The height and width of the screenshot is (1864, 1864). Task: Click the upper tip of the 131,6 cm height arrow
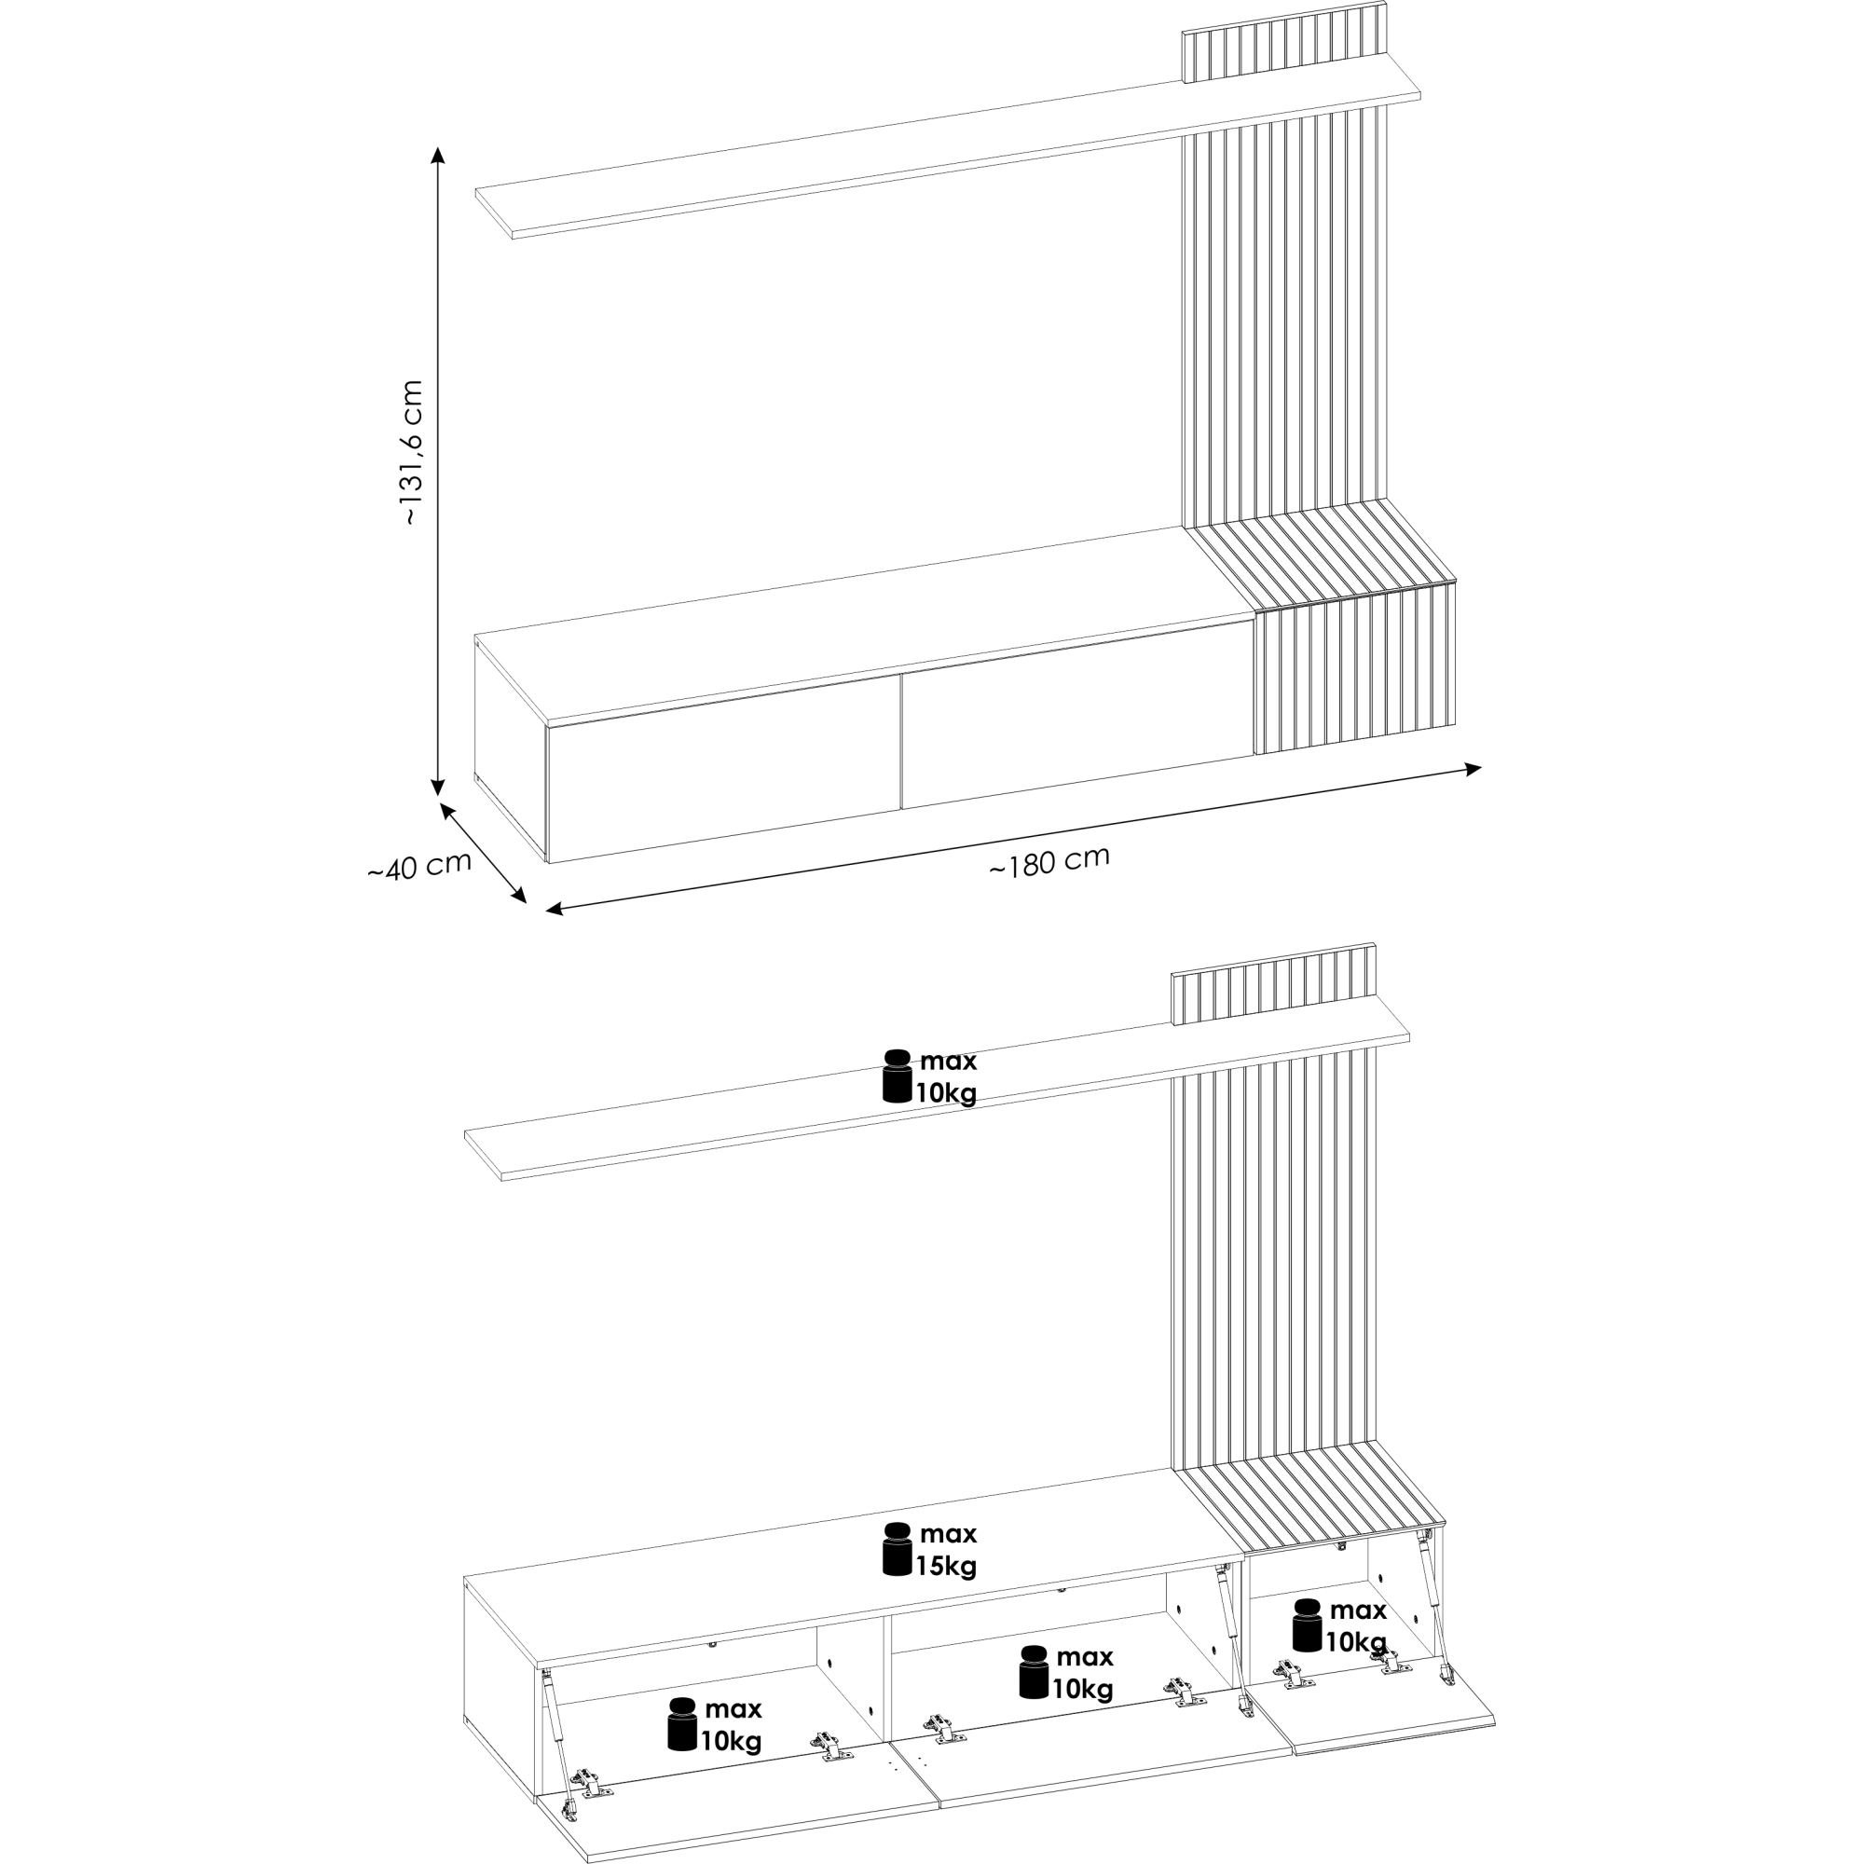[438, 148]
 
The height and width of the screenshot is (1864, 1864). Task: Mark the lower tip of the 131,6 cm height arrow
[438, 796]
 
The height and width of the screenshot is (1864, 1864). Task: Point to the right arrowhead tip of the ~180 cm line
[1481, 767]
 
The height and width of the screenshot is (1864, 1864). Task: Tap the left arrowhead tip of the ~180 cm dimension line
[547, 910]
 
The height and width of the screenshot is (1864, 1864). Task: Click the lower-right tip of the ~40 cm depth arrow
[527, 903]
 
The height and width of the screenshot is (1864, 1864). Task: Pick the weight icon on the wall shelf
[898, 1076]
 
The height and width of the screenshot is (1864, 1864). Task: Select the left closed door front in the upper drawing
[723, 768]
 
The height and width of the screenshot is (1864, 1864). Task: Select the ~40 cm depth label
[419, 866]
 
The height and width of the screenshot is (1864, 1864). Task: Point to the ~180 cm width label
[1049, 861]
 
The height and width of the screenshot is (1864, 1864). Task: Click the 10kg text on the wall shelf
[947, 1093]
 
